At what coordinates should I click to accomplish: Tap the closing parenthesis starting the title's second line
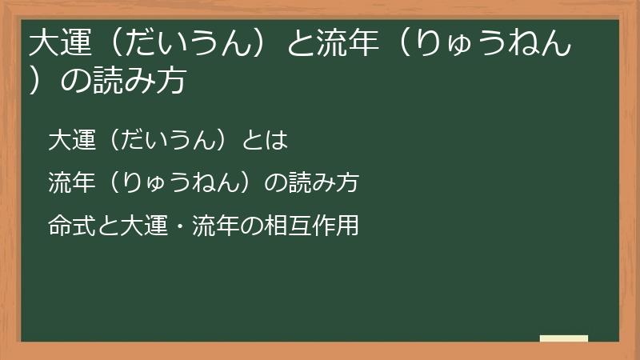[36, 82]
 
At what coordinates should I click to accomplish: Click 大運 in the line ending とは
[70, 140]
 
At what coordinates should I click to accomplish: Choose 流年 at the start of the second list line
[70, 183]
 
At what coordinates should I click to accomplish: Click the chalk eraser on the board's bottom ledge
[563, 338]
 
